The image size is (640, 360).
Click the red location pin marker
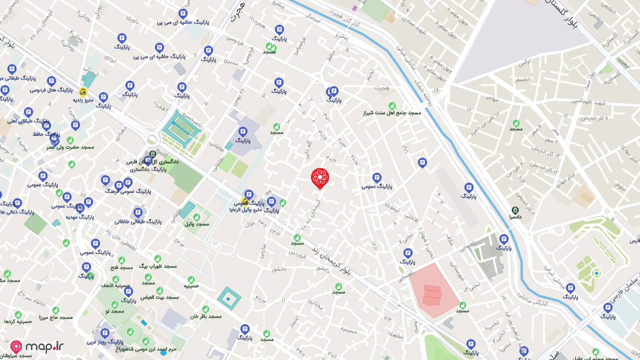[x=319, y=178]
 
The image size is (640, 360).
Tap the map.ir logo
[x=37, y=346]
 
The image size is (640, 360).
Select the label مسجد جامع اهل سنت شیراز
[x=392, y=112]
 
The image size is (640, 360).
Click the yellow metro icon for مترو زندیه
[x=83, y=92]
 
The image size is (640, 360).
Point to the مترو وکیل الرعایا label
[x=245, y=210]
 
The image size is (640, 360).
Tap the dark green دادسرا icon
[x=515, y=210]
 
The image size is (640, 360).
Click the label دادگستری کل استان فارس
[x=152, y=162]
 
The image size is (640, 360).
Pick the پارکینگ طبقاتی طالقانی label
[x=138, y=221]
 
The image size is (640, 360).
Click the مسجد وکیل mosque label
[x=196, y=223]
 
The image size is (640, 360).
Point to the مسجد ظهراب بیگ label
[x=157, y=266]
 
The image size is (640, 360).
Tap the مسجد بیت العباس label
[x=159, y=297]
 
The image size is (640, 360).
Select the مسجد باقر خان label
[x=205, y=316]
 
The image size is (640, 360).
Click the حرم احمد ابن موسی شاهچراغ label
[x=145, y=349]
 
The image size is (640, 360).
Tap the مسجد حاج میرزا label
[x=55, y=317]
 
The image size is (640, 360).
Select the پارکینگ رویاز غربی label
[x=105, y=342]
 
